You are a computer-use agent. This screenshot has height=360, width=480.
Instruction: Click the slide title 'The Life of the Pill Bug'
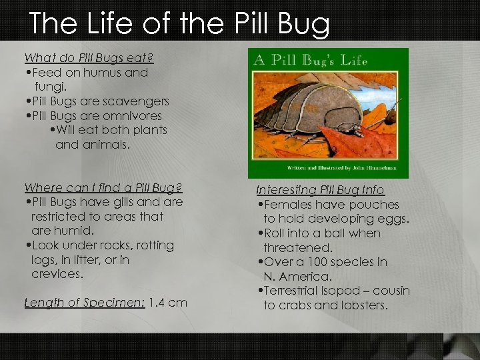[x=179, y=24]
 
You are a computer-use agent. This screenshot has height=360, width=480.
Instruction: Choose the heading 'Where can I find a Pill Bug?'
[x=102, y=187]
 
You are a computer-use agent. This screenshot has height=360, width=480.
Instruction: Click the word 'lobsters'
[x=365, y=305]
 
